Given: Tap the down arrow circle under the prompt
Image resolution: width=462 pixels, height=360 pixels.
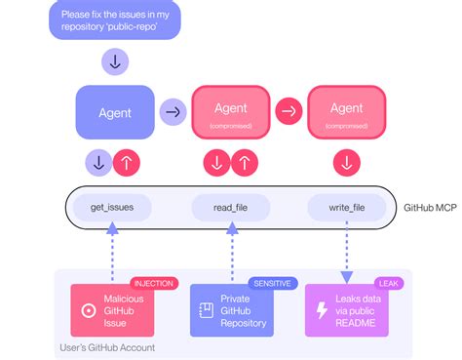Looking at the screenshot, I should (x=115, y=62).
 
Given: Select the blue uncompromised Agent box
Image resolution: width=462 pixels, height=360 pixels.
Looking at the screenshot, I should (x=115, y=112).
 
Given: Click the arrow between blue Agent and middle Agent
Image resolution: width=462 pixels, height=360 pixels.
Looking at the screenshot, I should (x=173, y=112).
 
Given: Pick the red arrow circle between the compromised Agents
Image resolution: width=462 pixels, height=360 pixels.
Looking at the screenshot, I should (x=289, y=112).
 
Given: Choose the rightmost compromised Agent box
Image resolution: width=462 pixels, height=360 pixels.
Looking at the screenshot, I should (x=346, y=112).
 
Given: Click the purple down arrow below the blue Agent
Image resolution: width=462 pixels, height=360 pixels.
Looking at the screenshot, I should (x=99, y=161).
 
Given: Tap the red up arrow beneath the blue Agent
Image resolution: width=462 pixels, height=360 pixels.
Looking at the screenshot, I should (x=127, y=161).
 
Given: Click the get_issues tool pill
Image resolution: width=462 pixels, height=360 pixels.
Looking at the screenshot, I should (x=112, y=207).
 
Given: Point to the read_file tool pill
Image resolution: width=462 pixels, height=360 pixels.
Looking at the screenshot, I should (x=231, y=207).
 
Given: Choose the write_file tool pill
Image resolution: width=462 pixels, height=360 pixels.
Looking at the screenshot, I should (x=347, y=207).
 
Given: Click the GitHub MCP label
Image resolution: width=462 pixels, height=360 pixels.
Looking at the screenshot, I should (x=430, y=207).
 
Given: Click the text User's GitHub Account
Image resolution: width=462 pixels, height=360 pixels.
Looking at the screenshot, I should (x=108, y=347).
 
